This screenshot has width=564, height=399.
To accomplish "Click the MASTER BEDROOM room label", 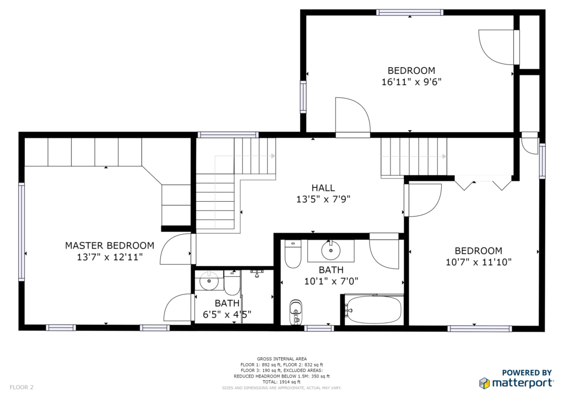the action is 110,246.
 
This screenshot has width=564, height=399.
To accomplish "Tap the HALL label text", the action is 323,188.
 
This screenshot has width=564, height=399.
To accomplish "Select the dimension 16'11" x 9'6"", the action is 411,82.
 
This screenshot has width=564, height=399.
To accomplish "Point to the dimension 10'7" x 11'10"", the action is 479,262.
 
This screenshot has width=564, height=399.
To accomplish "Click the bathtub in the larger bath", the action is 373,309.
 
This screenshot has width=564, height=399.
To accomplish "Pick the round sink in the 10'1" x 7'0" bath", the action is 331,250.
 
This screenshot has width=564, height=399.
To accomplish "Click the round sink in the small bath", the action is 209,281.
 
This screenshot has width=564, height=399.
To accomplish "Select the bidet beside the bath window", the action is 296,311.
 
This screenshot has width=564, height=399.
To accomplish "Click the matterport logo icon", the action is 484,383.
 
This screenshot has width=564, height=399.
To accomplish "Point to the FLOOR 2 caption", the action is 21,387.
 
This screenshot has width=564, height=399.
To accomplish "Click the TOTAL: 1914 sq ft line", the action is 281,382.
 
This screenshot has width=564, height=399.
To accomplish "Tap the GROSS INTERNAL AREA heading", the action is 281,359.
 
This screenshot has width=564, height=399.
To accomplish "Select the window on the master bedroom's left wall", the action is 21,232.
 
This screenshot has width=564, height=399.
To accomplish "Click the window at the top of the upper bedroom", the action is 410,13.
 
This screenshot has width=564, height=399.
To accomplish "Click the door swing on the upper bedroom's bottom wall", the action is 352,115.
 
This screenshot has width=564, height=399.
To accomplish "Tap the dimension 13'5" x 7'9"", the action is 323,199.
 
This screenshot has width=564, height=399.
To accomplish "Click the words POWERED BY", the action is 527,373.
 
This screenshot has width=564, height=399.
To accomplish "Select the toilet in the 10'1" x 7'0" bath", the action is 293,255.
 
